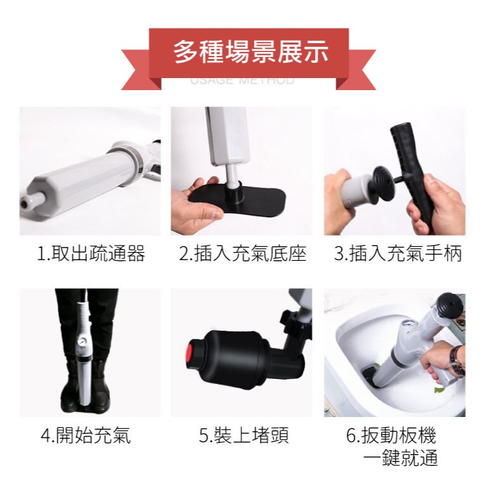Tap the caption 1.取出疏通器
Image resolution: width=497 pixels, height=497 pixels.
click(90, 255)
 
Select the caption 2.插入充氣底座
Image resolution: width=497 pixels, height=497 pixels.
click(242, 255)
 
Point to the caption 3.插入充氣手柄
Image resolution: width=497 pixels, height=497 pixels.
click(398, 255)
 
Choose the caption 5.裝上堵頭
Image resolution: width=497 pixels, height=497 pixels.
click(244, 436)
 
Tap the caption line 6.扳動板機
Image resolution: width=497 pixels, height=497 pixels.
click(391, 436)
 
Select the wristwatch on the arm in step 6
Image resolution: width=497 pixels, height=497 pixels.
click(456, 360)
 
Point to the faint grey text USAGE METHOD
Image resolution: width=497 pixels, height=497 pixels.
click(242, 81)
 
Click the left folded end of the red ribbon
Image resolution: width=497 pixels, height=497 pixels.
click(136, 70)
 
